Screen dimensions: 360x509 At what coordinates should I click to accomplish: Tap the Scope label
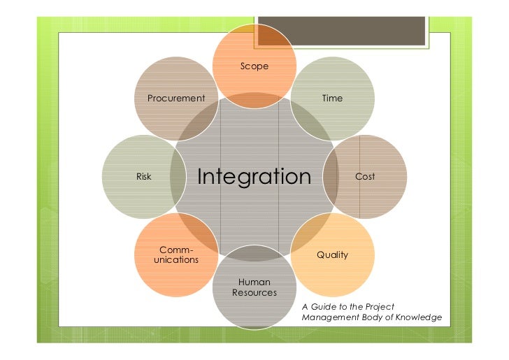254,66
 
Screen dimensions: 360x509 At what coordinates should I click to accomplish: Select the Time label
332,99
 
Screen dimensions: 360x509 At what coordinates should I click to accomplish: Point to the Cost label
365,177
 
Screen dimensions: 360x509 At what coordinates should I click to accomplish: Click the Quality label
332,255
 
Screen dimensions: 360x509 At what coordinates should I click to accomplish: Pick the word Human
254,282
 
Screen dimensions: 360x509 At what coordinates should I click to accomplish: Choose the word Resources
254,292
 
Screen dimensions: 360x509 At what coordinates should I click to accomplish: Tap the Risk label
143,177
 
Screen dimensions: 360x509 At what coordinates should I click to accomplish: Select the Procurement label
176,99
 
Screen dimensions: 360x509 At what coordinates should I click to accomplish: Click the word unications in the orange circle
176,260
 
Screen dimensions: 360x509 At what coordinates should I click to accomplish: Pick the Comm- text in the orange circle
176,250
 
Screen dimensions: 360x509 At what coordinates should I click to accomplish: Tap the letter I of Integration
201,177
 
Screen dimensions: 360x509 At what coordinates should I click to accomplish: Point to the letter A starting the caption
305,307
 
